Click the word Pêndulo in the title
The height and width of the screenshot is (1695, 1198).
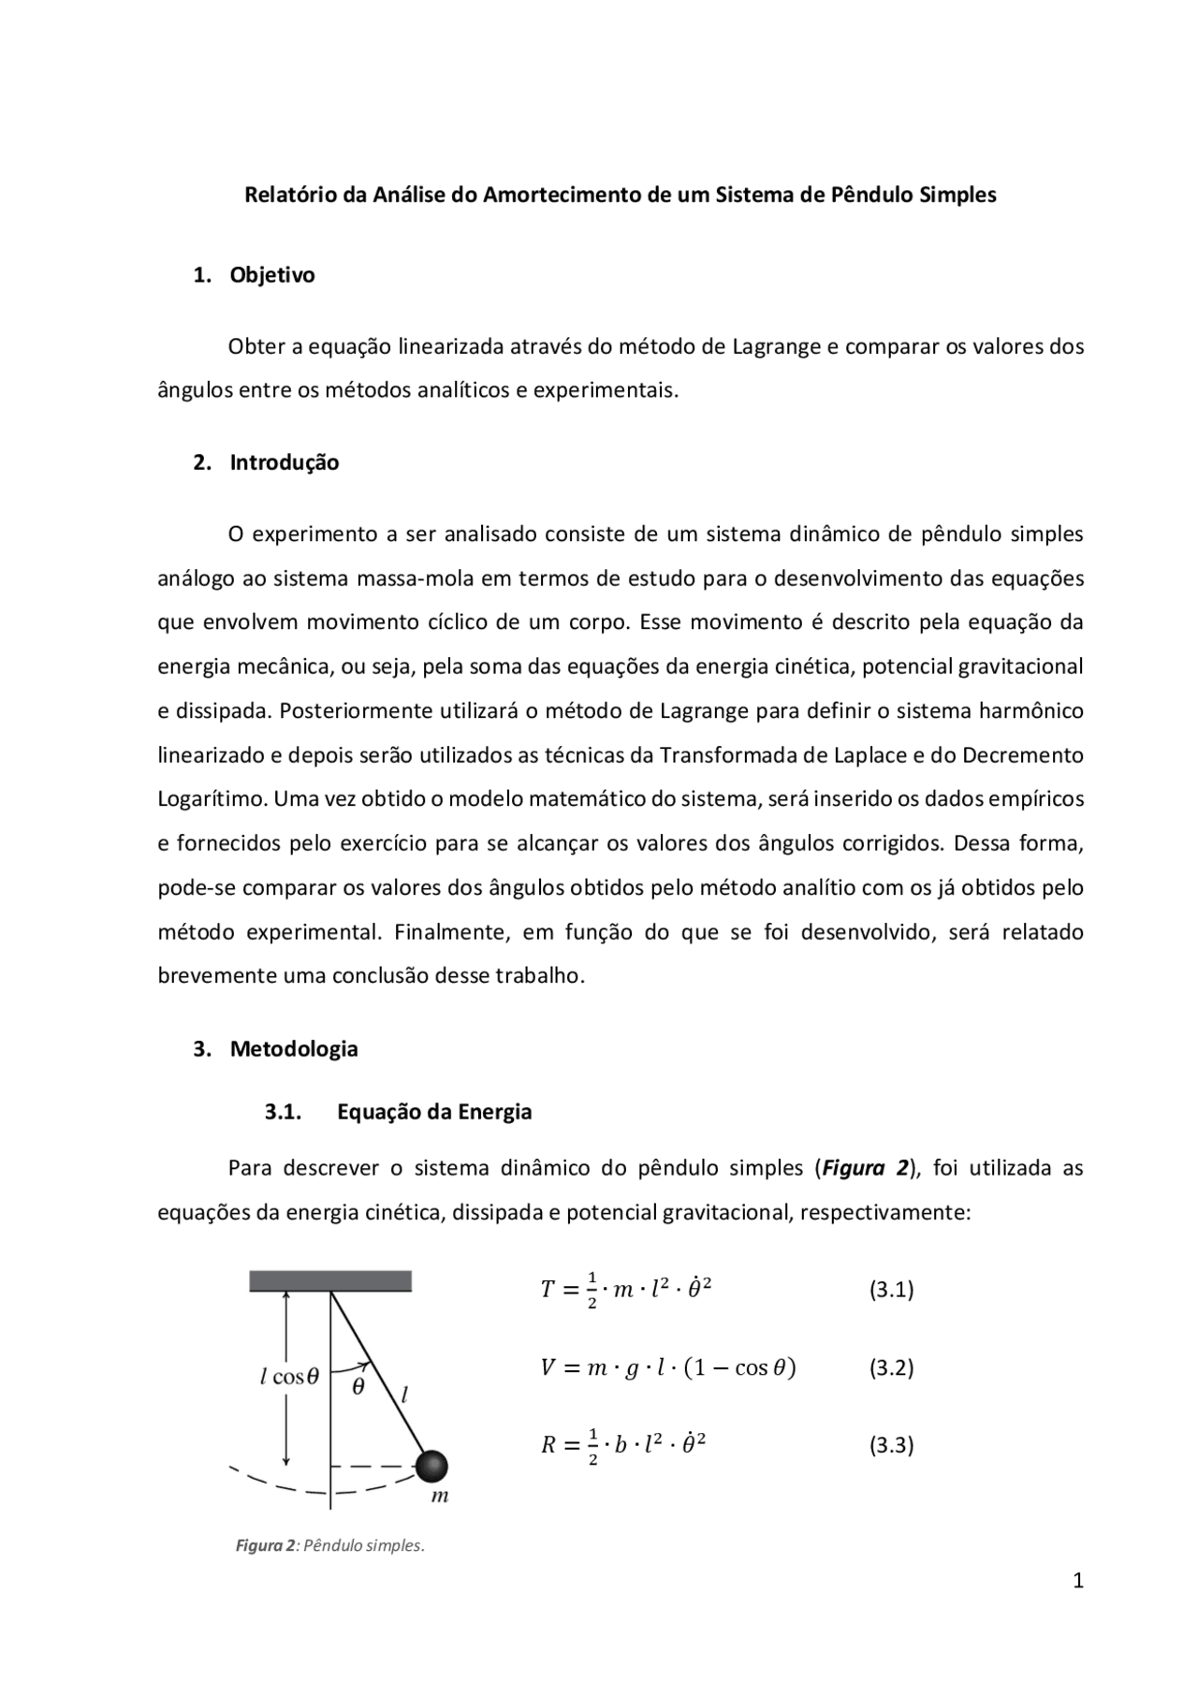[870, 196]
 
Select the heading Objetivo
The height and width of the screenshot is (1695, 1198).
[272, 275]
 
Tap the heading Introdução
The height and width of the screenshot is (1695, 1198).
[285, 462]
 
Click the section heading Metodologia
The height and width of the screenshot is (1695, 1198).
[294, 1048]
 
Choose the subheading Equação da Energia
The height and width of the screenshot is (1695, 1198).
[434, 1112]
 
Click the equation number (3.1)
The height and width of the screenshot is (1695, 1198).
[891, 1290]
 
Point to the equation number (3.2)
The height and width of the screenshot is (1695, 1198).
[891, 1367]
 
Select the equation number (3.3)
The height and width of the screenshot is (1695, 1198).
[891, 1445]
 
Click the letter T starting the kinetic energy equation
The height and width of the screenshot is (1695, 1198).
[548, 1290]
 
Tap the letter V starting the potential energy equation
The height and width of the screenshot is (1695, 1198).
[548, 1367]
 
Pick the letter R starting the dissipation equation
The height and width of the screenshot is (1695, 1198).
[548, 1445]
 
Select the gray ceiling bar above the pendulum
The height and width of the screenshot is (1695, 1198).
[330, 1280]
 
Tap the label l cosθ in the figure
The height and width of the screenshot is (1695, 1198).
[289, 1377]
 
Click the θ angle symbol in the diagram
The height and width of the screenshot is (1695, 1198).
[358, 1388]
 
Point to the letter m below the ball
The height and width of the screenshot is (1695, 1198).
[440, 1497]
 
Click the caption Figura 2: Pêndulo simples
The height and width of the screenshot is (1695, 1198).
[329, 1545]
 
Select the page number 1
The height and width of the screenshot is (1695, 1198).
[1077, 1582]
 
